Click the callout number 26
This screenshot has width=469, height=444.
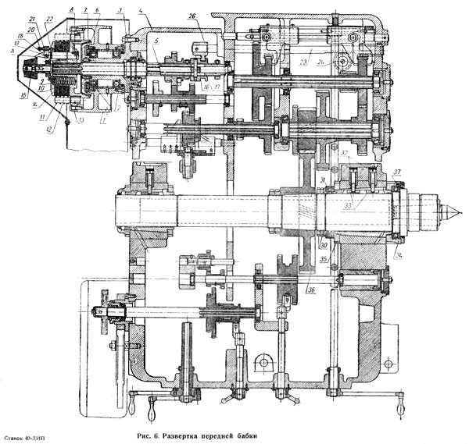pos(192,16)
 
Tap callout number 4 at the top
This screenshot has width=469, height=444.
pos(141,10)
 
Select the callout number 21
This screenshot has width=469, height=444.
pos(31,18)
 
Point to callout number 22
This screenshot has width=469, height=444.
pos(49,19)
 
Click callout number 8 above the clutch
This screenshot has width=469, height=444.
pos(70,10)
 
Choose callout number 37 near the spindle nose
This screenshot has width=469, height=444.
pos(397,172)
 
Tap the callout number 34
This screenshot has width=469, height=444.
pos(397,254)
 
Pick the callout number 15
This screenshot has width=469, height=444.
pos(23,96)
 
